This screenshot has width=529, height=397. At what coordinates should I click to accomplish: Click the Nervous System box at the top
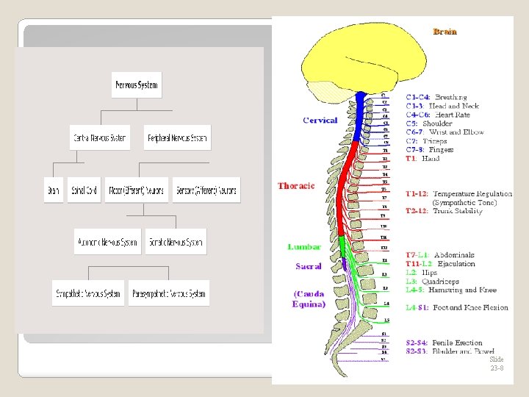coord(137,85)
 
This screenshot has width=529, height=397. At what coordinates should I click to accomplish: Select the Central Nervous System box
coord(99,137)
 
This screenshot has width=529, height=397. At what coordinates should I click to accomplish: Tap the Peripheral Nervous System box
coord(178,137)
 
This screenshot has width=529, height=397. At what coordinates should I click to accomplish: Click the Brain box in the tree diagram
coord(54,190)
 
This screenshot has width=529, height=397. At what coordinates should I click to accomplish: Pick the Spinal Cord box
coord(83,190)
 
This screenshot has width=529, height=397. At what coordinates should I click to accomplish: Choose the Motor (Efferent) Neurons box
coord(137,190)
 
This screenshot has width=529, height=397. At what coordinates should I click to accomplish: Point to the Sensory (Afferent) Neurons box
coord(206,190)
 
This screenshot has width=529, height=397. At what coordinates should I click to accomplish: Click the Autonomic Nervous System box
coord(107,242)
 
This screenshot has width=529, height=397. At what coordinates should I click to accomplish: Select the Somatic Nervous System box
coord(175,242)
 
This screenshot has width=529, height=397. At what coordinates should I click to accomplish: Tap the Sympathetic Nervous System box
coord(89,293)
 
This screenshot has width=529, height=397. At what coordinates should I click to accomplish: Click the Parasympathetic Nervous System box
coord(169,293)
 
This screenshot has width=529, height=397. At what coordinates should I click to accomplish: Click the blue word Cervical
coord(320,120)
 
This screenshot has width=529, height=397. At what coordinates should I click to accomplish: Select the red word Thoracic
coord(296,186)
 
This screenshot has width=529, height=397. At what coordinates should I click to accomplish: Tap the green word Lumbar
coord(304,247)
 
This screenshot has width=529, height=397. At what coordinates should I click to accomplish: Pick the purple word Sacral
coord(309,265)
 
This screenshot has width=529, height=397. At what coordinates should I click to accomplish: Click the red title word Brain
coord(445,32)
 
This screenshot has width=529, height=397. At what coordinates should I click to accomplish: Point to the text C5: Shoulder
coord(429,124)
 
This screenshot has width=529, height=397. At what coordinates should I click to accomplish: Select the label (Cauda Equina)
coord(309,298)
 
